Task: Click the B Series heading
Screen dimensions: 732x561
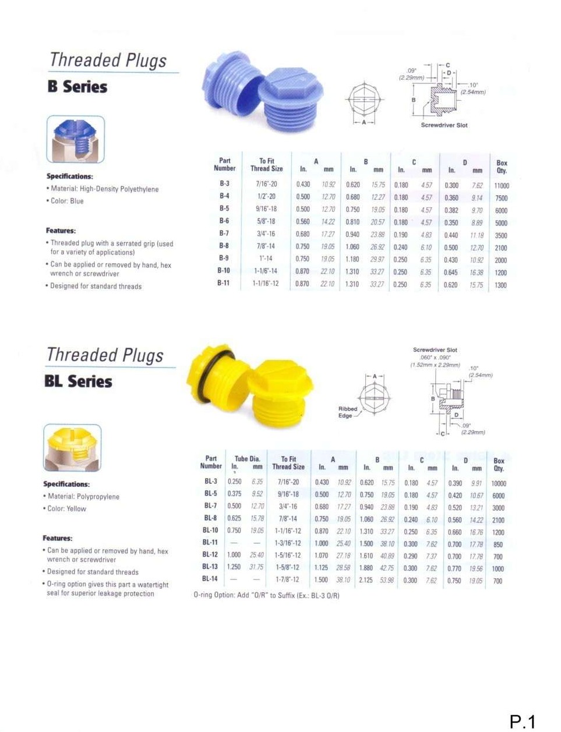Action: tap(77, 87)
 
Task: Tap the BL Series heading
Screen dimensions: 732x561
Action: tap(78, 381)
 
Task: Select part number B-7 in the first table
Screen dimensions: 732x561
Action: tap(224, 234)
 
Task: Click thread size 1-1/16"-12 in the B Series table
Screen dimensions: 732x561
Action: tap(266, 284)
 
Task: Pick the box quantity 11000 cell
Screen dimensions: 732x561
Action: tap(501, 185)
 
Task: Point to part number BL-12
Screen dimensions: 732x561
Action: tap(210, 554)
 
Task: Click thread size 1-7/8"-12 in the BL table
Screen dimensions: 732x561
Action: tap(288, 579)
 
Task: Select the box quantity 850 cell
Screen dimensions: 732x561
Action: tap(498, 545)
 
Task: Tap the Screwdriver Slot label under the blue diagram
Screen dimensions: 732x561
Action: tap(444, 125)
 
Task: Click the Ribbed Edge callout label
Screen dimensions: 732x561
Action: tap(348, 412)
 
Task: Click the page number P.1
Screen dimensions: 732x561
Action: tap(522, 722)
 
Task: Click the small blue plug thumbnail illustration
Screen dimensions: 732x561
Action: tap(76, 139)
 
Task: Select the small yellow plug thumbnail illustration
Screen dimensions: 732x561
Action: tap(72, 447)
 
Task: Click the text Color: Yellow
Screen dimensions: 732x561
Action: tap(66, 508)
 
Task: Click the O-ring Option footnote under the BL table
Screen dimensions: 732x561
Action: tap(266, 595)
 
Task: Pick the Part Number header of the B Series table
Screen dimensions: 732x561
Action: tap(224, 164)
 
